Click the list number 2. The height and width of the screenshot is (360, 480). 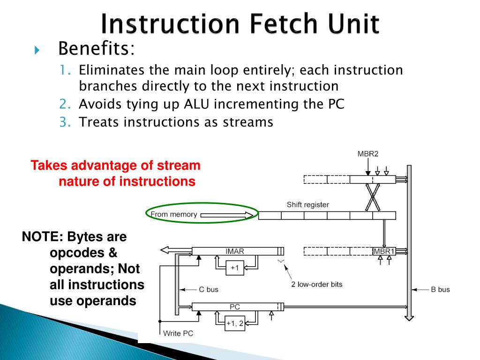coord(64,104)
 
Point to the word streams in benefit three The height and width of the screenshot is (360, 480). coord(247,122)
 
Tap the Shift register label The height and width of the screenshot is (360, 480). coord(308,205)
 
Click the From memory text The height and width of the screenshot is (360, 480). coord(173,215)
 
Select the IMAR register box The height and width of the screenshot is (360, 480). coord(235,251)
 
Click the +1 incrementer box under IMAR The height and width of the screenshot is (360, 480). coord(235,268)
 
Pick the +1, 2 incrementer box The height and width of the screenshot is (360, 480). coord(235,323)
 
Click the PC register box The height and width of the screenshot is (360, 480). coord(235,307)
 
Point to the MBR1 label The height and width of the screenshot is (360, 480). coord(384,251)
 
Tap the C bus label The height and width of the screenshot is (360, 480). coord(209,289)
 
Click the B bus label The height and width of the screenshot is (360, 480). coord(440,289)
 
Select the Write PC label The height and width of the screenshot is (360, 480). coord(178,334)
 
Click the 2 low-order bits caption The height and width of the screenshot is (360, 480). coord(317,285)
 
